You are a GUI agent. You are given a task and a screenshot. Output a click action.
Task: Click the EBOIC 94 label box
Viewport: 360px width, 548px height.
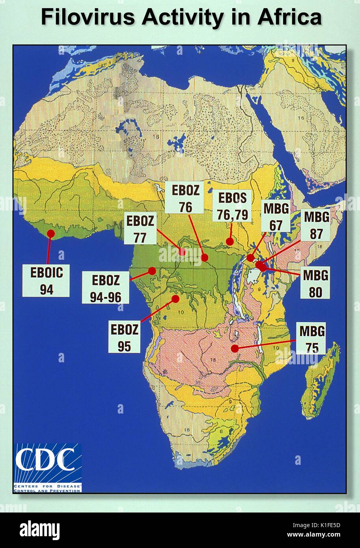(46, 280)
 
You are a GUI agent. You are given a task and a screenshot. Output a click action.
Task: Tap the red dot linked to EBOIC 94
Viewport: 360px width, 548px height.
(50, 234)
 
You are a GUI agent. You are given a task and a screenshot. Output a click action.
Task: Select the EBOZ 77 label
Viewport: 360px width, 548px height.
(140, 229)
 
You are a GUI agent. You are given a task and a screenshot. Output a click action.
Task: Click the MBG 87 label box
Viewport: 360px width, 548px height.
(316, 225)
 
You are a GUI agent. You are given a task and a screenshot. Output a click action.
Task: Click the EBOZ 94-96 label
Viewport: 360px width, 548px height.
(106, 289)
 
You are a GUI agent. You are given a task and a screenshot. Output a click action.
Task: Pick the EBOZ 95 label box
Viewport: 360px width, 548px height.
(124, 337)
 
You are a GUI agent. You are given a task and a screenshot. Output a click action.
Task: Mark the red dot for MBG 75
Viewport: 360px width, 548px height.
(235, 349)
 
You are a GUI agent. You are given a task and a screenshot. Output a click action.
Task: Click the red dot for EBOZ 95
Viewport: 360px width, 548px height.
(175, 299)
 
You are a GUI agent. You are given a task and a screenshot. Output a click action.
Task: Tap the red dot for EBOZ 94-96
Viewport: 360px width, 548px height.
(152, 271)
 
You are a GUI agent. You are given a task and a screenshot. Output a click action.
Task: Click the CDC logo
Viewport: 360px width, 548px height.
(48, 467)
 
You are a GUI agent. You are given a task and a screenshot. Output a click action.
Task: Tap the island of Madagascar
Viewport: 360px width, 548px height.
(321, 380)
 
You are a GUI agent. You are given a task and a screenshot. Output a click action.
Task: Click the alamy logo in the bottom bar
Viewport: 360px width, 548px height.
(39, 530)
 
